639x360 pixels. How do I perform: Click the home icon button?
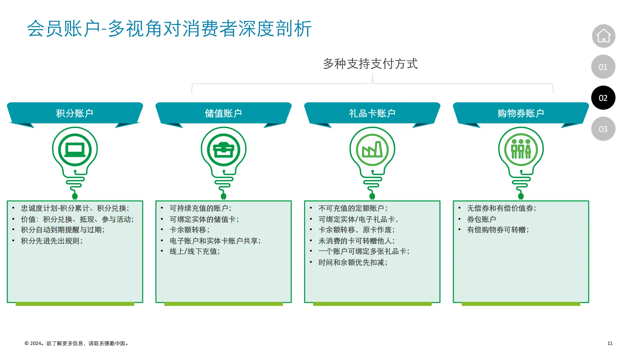pos(603,36)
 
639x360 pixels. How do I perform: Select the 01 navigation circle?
pos(603,67)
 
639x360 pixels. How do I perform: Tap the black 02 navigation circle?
pos(603,98)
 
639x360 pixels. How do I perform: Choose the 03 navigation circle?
pos(603,129)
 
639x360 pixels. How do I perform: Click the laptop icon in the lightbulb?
pos(75,150)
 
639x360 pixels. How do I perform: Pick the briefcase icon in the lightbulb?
pos(223,150)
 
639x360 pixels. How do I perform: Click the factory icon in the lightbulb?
pos(372,150)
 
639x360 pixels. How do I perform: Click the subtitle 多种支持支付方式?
pos(370,64)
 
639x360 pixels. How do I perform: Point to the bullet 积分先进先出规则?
pos(52,241)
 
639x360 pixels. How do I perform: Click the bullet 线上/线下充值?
pos(195,252)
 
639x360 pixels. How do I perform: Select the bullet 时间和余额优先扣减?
pos(353,263)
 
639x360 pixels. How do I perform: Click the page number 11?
pos(610,343)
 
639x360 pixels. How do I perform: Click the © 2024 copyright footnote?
pos(76,343)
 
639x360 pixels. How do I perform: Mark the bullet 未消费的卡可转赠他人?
pos(356,241)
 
